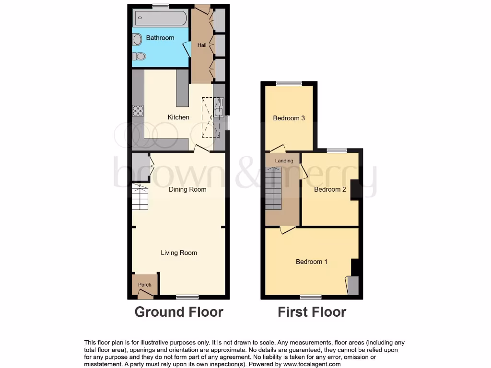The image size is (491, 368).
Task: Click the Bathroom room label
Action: tap(160, 38)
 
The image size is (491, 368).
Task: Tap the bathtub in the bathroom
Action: tap(160, 19)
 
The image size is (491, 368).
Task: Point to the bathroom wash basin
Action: tap(137, 39)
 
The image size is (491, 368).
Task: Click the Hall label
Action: tap(202, 46)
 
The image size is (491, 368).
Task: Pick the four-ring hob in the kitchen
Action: tap(138, 111)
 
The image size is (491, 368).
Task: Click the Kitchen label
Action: tap(178, 117)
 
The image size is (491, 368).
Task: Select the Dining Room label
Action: tap(187, 189)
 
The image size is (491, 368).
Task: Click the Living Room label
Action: tap(179, 253)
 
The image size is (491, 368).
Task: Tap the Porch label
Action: tap(145, 285)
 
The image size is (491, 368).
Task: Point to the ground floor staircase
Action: tap(140, 198)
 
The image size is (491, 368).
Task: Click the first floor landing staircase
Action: tap(273, 188)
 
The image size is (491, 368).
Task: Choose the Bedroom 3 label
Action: tap(289, 118)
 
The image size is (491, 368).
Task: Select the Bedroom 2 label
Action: tap(330, 189)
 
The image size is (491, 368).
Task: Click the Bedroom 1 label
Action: tap(312, 262)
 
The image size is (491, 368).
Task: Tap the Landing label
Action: tap(284, 161)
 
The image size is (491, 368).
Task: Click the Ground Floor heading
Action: tap(179, 312)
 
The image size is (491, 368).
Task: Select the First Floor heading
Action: tap(312, 312)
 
